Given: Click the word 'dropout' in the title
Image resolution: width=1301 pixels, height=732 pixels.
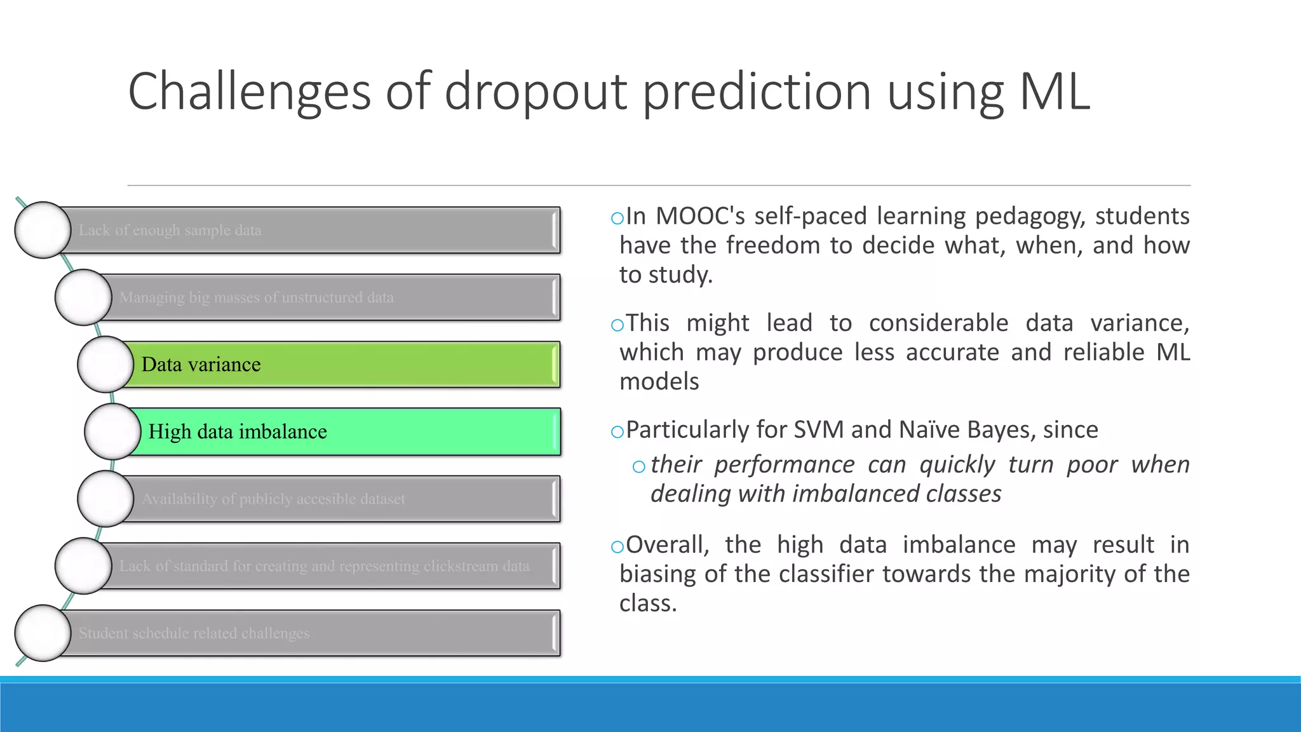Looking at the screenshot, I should [536, 92].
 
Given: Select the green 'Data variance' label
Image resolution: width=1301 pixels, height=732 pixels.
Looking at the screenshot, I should [201, 365].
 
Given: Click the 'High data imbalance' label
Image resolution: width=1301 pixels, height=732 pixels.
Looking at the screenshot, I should [238, 432].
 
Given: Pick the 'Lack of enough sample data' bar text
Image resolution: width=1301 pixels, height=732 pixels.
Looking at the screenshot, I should [170, 231].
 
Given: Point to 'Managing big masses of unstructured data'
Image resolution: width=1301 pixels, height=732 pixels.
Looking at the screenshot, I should [256, 297].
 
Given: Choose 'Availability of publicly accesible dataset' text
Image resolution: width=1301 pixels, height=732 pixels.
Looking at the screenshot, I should [273, 499].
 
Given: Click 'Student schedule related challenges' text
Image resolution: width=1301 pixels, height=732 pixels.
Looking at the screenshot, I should [194, 634].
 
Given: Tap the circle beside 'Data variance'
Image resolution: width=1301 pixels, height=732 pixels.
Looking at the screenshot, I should [105, 364].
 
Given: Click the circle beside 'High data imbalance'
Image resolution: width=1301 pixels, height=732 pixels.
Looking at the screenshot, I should [112, 431].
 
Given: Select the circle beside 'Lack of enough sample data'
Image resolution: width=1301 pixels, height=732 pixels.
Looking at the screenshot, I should [43, 230].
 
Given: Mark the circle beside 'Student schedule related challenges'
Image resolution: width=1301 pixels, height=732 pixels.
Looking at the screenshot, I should [43, 633].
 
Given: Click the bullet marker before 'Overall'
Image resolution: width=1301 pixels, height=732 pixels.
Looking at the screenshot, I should [617, 546].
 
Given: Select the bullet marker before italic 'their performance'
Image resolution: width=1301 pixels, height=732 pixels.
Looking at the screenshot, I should [639, 467].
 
